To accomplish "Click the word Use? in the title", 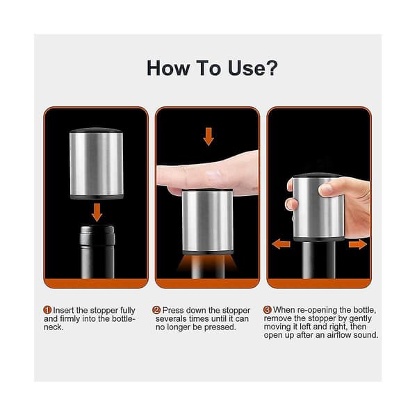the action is coord(253,68).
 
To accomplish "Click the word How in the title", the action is coord(168,68).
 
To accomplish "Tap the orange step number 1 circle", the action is coord(47,310).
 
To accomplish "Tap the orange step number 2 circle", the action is coord(156,310).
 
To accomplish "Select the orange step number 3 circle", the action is coord(268,309).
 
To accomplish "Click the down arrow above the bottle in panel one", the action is coord(97,212).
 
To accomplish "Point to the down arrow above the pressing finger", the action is coord(208,136).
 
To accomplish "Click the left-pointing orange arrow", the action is coord(281,244).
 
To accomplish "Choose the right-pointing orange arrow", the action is coord(358,244).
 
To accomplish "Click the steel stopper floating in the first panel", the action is coord(97,163).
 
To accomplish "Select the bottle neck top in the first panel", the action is coord(97,236).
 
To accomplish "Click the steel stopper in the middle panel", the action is coord(207,221).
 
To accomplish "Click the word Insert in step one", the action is coord(63,310).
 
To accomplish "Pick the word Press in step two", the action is coord(173,310).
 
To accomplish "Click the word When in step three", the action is coord(284,309).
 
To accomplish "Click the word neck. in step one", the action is coord(54,327).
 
